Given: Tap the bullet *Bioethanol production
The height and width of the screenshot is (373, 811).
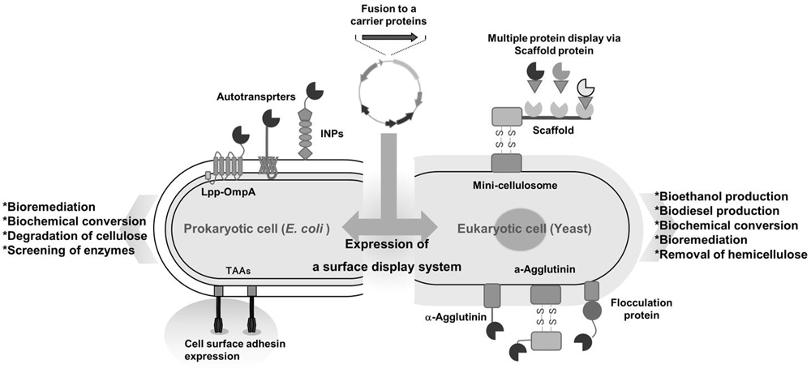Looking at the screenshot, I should click(x=724, y=196).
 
